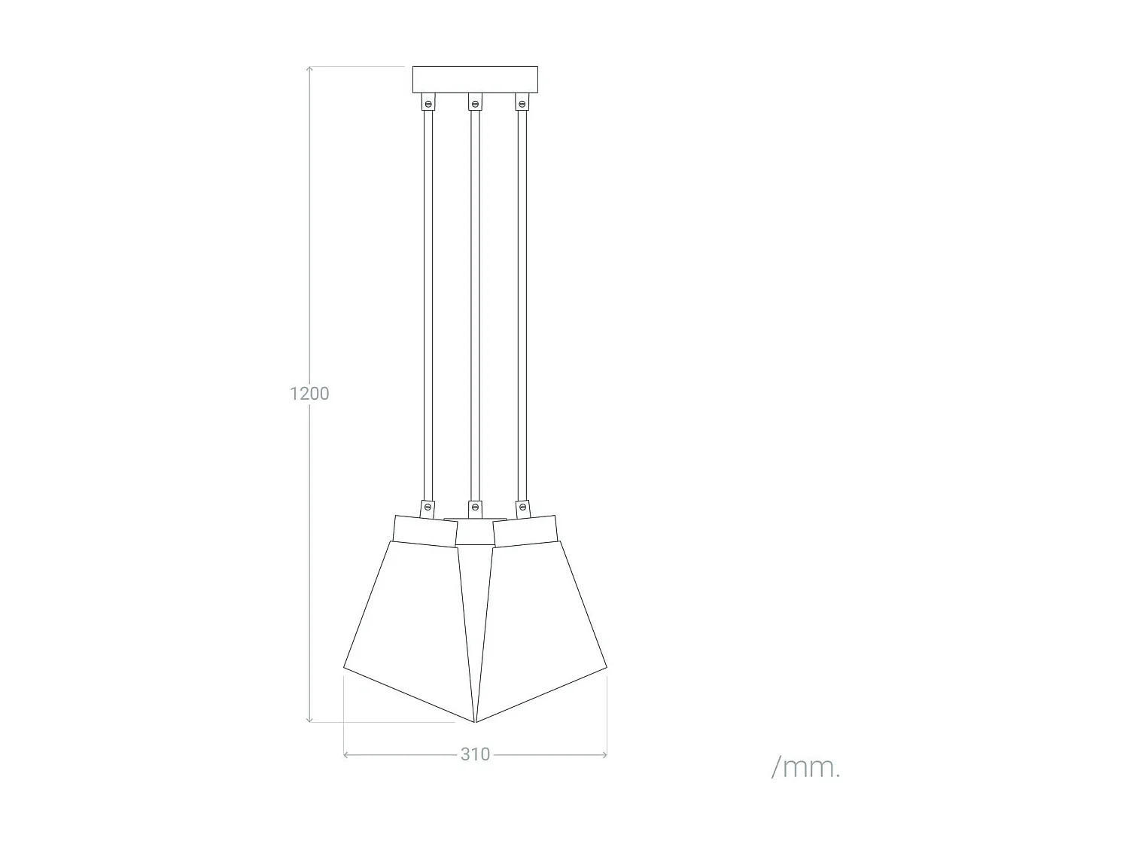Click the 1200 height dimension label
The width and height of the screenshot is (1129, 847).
[x=309, y=393]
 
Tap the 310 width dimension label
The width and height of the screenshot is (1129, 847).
[x=475, y=754]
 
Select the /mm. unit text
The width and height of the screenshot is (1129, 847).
[x=805, y=767]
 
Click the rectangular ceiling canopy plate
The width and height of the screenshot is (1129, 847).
[x=475, y=79]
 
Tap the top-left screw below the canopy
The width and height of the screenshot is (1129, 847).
[x=428, y=102]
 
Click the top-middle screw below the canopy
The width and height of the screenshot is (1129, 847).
[x=475, y=102]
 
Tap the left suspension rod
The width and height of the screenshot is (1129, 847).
[x=428, y=301]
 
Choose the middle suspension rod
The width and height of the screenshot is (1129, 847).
[x=475, y=301]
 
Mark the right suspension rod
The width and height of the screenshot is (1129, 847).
[x=521, y=301]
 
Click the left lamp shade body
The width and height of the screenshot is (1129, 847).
[x=410, y=625]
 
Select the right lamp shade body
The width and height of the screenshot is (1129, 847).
[x=542, y=625]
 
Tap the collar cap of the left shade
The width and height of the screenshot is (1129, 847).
[x=425, y=529]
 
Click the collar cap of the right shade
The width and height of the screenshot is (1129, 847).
[x=525, y=529]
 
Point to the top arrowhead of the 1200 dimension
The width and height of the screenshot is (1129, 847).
[x=309, y=69]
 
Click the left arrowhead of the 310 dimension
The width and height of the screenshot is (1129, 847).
[x=345, y=754]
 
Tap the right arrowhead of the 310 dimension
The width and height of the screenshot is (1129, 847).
[x=604, y=754]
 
